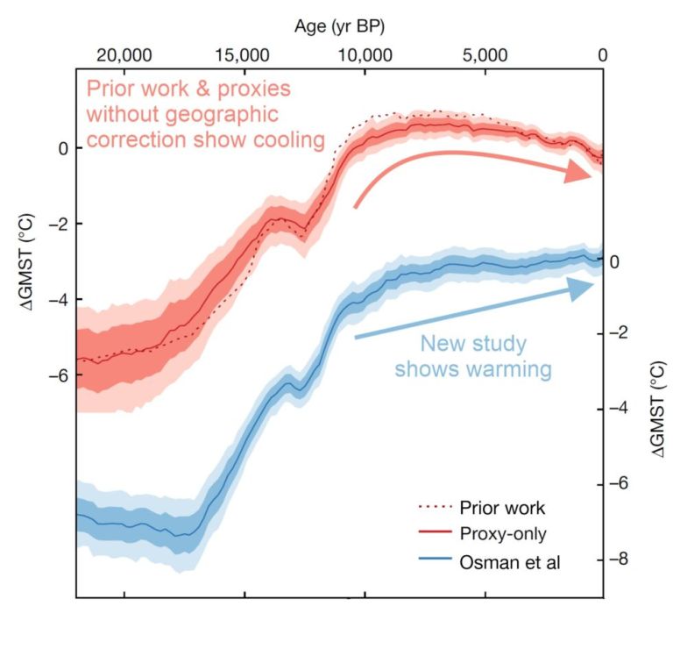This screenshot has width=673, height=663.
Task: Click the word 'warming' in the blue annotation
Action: point(509,369)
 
